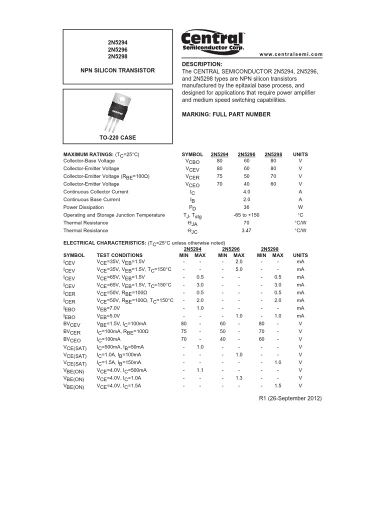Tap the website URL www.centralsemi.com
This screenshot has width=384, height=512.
click(291, 54)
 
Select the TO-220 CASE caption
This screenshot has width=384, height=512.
click(118, 137)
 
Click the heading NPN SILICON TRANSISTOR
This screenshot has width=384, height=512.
click(118, 70)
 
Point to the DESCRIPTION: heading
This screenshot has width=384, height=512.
click(201, 64)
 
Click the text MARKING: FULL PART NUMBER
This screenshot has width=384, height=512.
click(226, 114)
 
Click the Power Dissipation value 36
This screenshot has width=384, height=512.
click(246, 207)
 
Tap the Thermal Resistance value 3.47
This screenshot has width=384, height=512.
click(246, 230)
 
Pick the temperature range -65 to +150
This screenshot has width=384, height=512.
click(246, 215)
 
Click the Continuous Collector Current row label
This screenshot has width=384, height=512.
click(95, 191)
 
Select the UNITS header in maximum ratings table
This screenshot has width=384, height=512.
click(300, 154)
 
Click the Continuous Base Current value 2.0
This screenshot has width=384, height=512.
click(246, 199)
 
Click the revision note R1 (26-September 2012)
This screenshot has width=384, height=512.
click(289, 398)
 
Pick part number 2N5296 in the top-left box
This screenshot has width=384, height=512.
click(117, 50)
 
